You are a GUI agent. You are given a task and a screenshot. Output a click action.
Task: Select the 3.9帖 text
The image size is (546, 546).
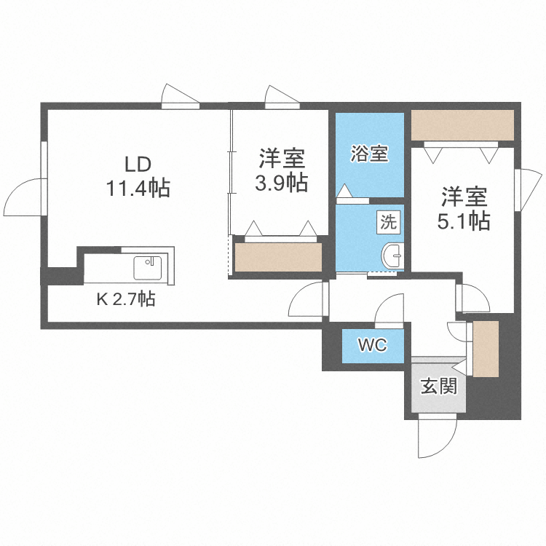click(281, 183)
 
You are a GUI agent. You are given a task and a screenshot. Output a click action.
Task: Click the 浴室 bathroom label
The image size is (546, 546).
click(369, 154)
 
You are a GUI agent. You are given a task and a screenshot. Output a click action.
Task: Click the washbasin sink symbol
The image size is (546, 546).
click(392, 255)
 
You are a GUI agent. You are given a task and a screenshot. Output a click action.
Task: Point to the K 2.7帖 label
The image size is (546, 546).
click(125, 298)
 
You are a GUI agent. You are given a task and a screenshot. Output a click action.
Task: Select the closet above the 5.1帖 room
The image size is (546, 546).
click(463, 124)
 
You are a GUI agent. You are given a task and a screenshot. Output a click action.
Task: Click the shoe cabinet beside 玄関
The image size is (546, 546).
click(485, 348)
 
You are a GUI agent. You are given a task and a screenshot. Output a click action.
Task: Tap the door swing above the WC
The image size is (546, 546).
click(389, 309)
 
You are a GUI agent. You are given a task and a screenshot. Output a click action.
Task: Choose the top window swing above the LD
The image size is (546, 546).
click(178, 96)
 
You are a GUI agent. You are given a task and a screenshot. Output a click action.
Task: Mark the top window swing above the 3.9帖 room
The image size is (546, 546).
click(281, 96)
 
